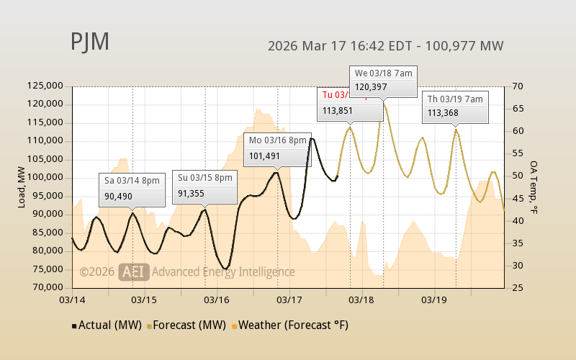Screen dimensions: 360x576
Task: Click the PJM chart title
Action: pos(90,42)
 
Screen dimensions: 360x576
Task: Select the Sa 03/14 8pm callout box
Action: pos(132,188)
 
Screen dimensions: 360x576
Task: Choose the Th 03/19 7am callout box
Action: pos(456,105)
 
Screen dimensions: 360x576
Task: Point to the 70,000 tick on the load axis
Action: pos(47,287)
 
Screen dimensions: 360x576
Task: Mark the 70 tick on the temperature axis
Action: pos(518,86)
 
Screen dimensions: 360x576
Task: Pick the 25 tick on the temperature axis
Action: pos(518,287)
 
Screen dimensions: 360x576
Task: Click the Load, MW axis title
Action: pos(22,186)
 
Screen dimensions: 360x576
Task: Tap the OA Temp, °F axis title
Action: pos(534,186)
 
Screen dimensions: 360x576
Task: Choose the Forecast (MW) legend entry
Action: pos(186,325)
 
